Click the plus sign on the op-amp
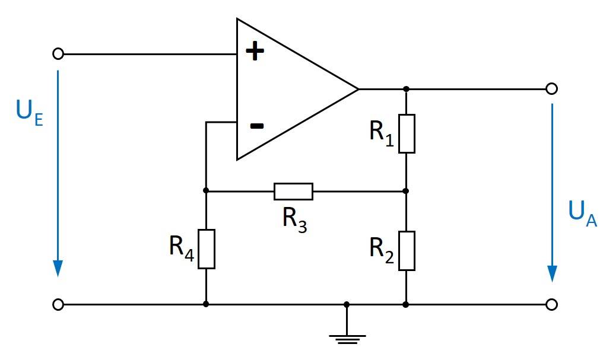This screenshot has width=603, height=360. pyautogui.click(x=255, y=52)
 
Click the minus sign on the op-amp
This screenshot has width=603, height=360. pyautogui.click(x=256, y=126)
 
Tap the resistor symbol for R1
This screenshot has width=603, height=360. pyautogui.click(x=406, y=133)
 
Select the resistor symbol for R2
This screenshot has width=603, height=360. pyautogui.click(x=406, y=250)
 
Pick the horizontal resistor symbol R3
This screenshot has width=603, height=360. pyautogui.click(x=293, y=192)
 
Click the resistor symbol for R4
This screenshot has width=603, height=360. pyautogui.click(x=206, y=249)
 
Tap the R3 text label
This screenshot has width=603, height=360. pyautogui.click(x=294, y=220)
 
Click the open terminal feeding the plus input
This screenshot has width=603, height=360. pyautogui.click(x=58, y=54)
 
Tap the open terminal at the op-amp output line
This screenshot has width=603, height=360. pyautogui.click(x=551, y=89)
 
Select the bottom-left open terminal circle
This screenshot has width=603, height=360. pyautogui.click(x=58, y=305)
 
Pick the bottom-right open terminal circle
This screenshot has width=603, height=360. pyautogui.click(x=551, y=305)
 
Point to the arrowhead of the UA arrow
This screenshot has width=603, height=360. pyautogui.click(x=553, y=272)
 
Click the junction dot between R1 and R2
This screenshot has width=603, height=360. pyautogui.click(x=406, y=192)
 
